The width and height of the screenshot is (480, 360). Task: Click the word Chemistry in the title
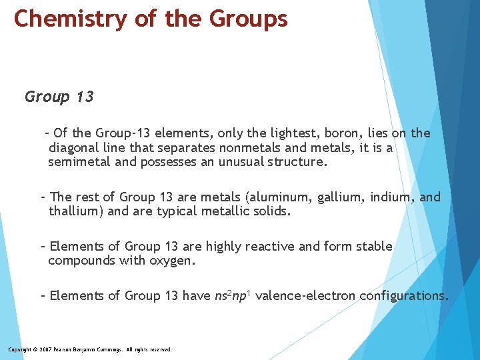(69, 19)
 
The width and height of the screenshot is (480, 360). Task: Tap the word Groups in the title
(249, 19)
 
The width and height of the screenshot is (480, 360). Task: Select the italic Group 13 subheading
(59, 97)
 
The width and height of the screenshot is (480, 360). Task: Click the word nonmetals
(247, 147)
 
